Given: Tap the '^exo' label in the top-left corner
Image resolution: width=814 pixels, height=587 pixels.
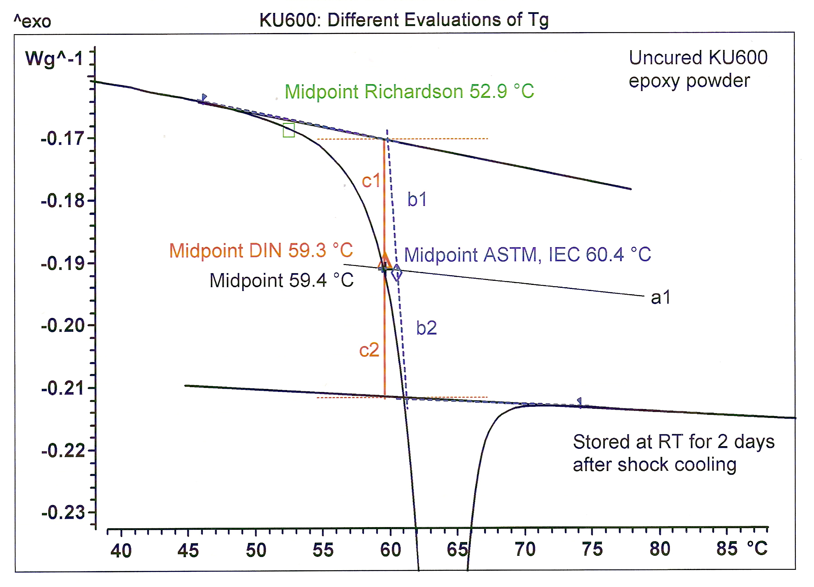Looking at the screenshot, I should tap(32, 21).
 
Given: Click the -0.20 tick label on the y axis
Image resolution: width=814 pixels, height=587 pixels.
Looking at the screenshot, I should tap(63, 326).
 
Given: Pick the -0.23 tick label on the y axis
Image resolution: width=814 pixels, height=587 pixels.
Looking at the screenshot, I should tap(63, 512).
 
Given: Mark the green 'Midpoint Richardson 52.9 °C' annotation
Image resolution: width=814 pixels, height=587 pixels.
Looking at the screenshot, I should tap(409, 92).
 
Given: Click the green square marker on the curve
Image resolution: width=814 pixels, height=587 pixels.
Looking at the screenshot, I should tap(289, 130).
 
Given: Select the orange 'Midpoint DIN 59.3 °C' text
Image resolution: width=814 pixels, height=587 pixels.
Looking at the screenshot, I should tap(261, 250).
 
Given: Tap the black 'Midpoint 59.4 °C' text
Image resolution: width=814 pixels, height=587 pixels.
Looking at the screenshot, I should tap(281, 280).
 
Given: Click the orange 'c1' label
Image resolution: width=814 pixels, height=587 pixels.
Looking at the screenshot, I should tap(371, 181).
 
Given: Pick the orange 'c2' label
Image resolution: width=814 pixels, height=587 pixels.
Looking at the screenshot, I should tap(369, 350).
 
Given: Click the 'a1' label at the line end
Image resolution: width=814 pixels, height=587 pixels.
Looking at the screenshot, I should tap(660, 298).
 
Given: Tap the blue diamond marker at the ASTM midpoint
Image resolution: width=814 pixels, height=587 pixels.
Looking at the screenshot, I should tap(396, 273).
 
